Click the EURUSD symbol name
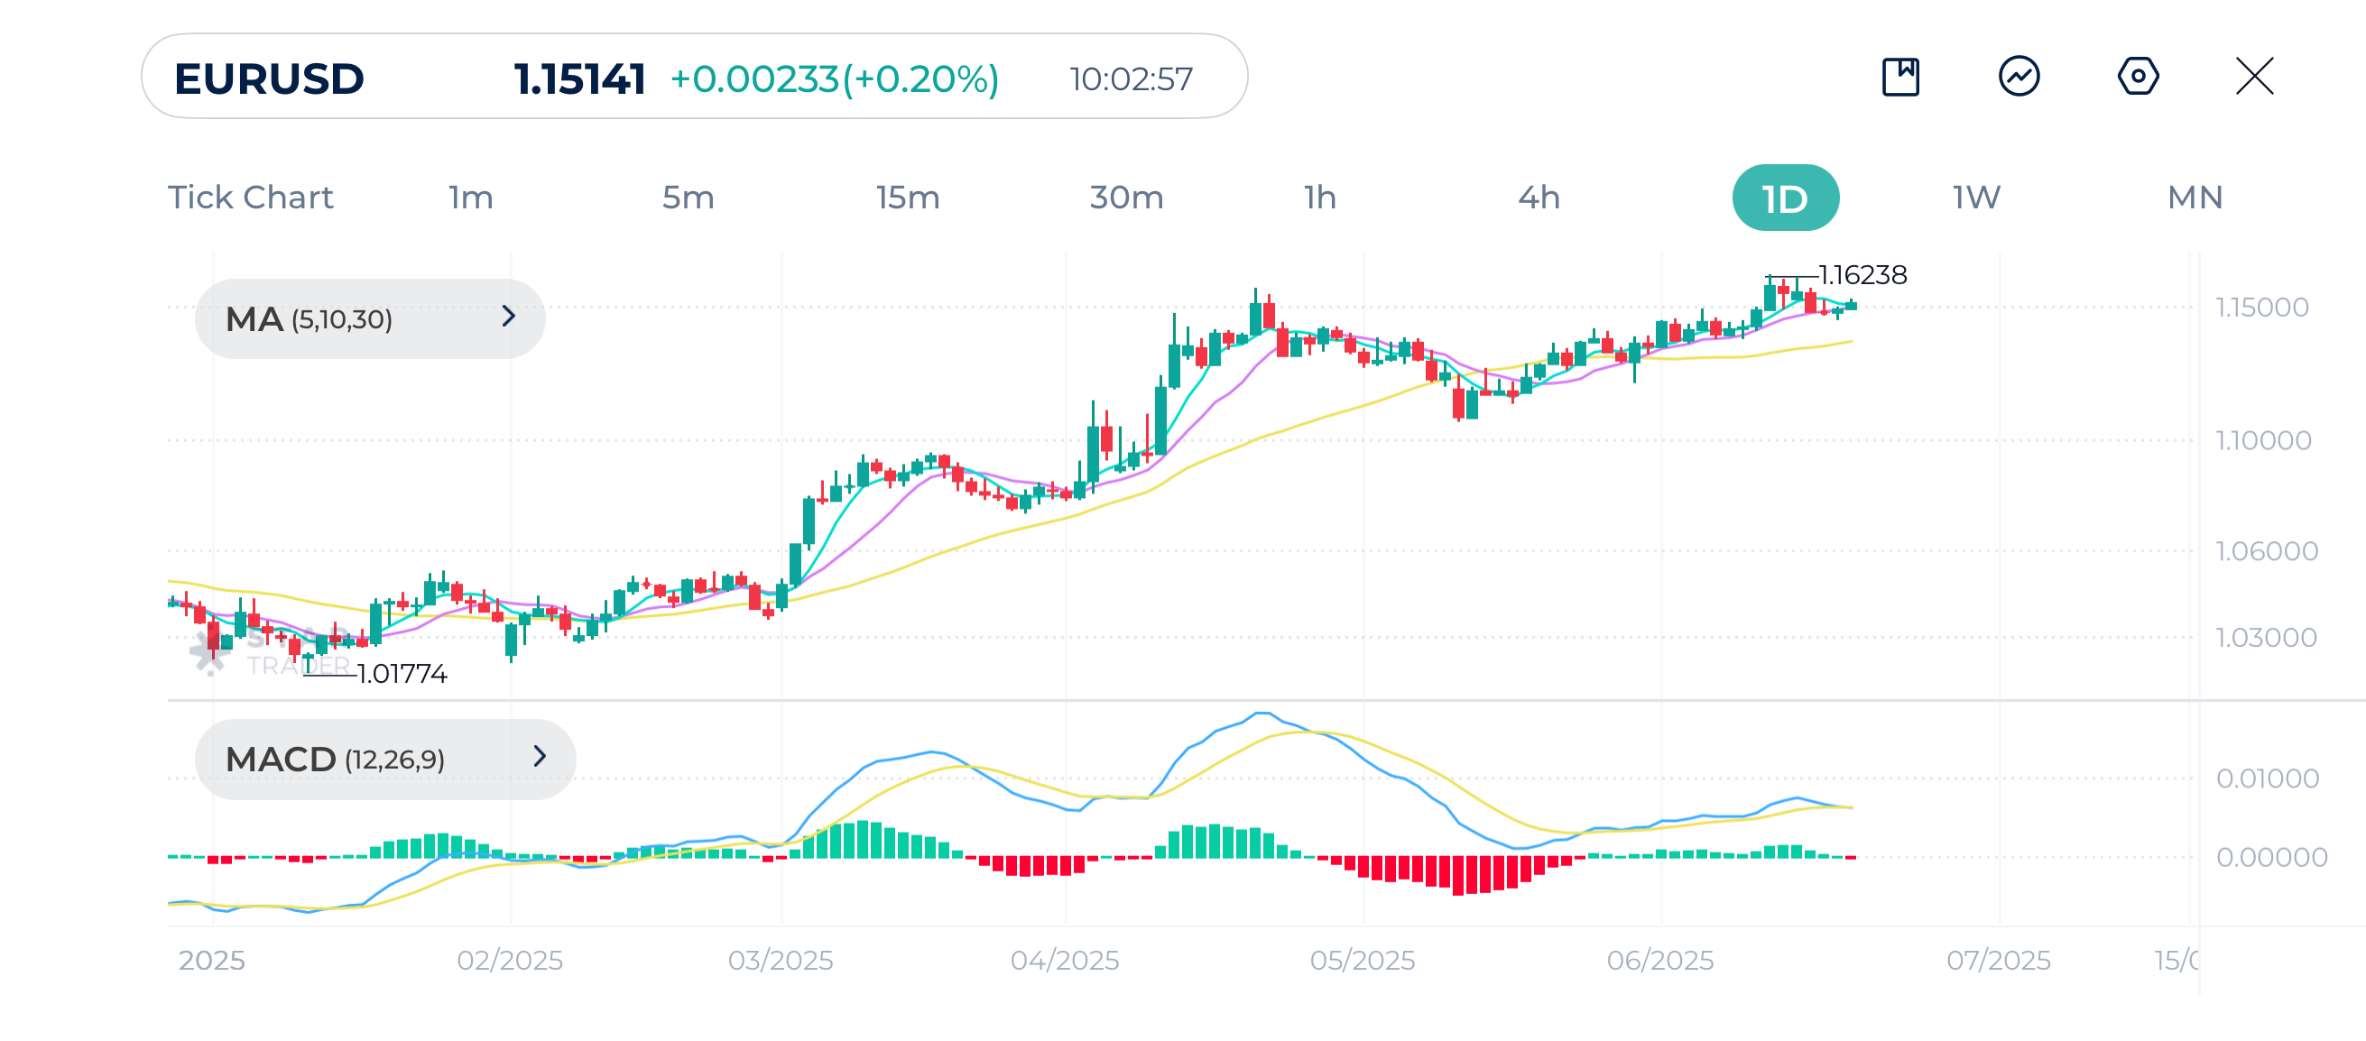pos(268,79)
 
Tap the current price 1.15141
pos(578,79)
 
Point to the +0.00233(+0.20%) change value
pos(834,79)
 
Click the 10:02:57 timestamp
pos(1131,79)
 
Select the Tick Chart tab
pos(250,198)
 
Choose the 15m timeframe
pos(907,198)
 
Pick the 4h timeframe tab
pos(1538,198)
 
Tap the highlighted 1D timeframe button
pos(1785,198)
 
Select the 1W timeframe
pos(1975,198)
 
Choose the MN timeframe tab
pos(2195,198)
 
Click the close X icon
pos(2254,76)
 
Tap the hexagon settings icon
pos(2138,76)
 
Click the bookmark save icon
pos(1900,76)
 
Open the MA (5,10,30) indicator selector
pos(369,318)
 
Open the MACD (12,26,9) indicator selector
pos(384,759)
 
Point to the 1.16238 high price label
pos(1862,274)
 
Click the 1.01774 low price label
pos(402,674)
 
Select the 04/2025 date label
pos(1065,960)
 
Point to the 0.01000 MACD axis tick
pos(2267,778)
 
